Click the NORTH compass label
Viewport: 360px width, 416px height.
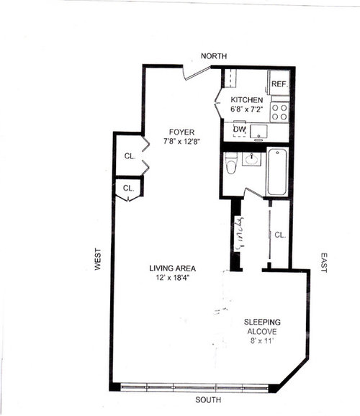coord(214,56)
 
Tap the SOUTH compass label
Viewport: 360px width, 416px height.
coord(208,400)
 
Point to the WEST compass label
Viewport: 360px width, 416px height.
coord(98,259)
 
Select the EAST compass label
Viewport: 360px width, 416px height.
coord(323,263)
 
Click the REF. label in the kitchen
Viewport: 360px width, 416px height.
coord(279,84)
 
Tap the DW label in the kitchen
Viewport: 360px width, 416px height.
coord(240,130)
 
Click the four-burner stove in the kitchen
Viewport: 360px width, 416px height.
coord(279,112)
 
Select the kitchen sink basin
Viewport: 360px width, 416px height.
coord(259,131)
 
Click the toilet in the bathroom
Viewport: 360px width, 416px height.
coord(231,163)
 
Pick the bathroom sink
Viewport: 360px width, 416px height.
coord(251,159)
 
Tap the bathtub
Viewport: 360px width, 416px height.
coord(277,172)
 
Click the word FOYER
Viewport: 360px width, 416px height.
coord(182,132)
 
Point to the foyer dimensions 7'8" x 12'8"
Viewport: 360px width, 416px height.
coord(181,141)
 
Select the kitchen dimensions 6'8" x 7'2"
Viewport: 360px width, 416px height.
coord(247,109)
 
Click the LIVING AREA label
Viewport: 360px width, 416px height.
coord(173,268)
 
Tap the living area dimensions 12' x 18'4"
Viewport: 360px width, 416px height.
coord(173,278)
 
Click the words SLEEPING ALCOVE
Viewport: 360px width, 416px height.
coord(262,327)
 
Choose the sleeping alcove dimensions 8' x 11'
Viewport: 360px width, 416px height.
coord(262,341)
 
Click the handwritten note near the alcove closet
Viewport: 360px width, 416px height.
coord(238,233)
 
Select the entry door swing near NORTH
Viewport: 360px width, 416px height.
coord(197,73)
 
